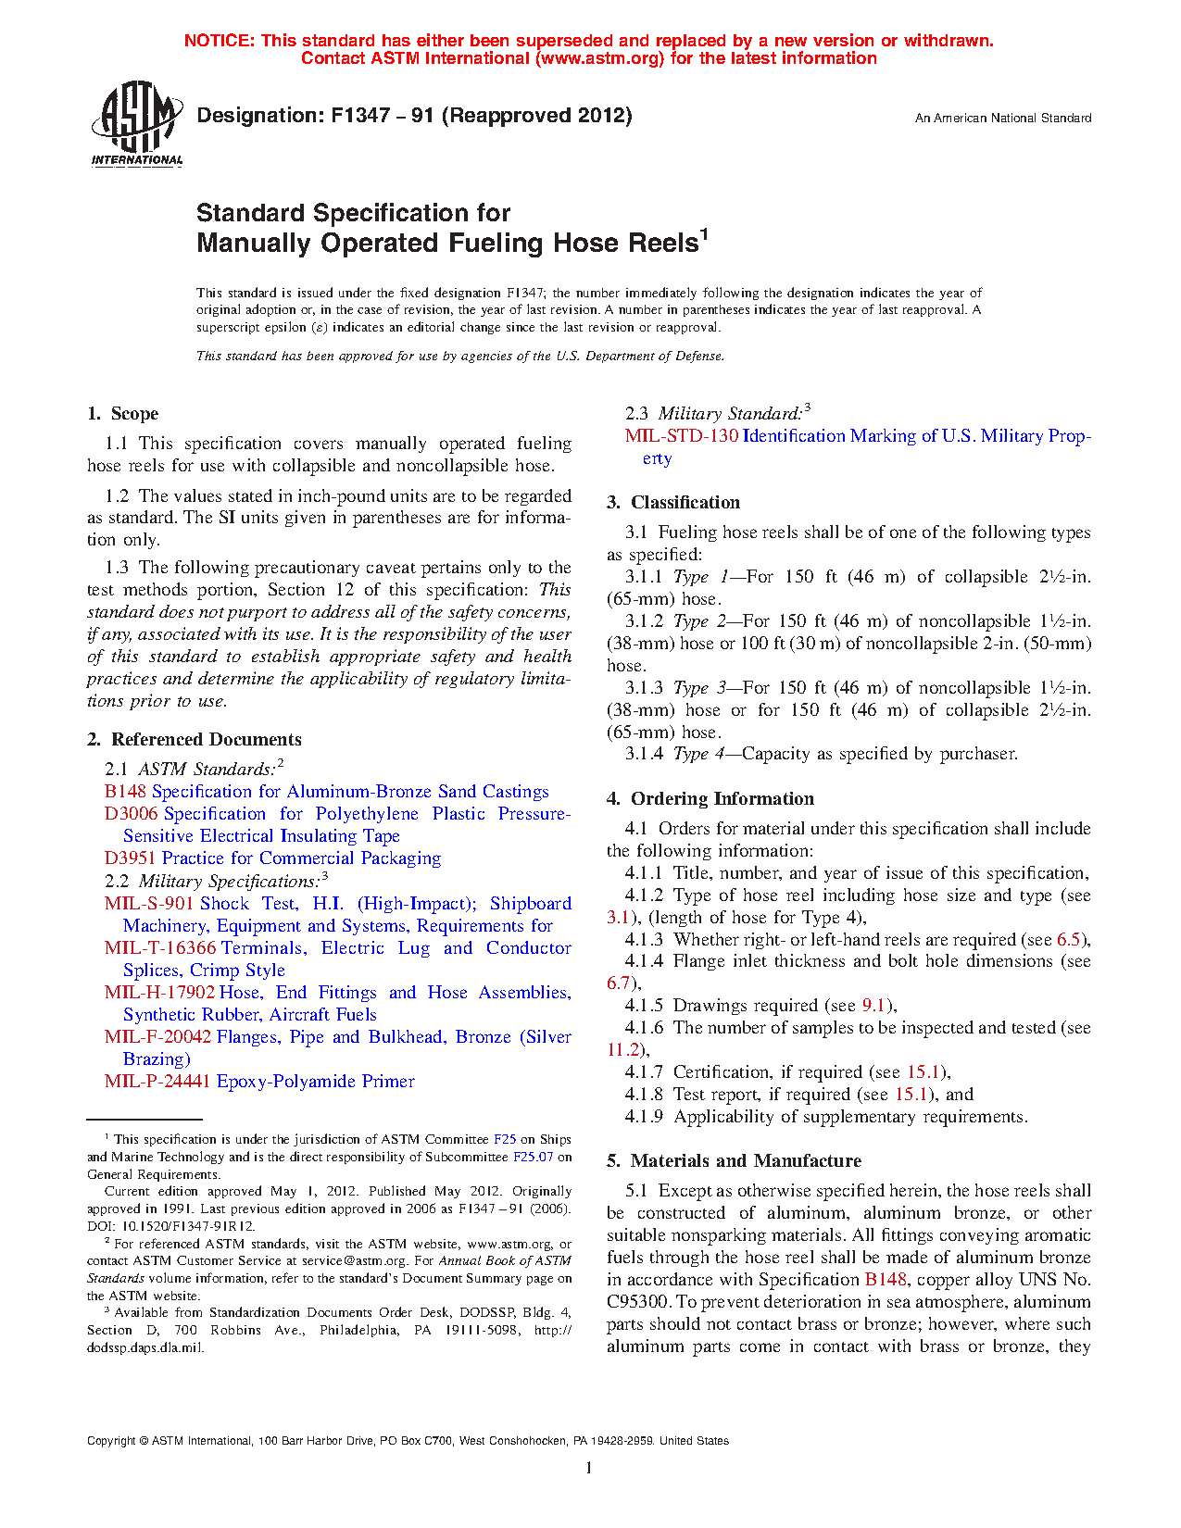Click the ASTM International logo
136,123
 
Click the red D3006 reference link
131,814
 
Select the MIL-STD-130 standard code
681,436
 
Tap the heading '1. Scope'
122,414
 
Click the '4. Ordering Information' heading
710,799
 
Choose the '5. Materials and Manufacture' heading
734,1161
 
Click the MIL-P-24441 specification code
157,1082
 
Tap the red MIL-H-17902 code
159,993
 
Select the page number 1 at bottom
589,1467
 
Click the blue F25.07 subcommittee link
533,1157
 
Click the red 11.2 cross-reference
622,1050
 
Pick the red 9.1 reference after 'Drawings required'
873,1006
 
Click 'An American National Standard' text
1003,119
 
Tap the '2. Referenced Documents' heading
195,740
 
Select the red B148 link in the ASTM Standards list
125,792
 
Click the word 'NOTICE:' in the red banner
219,41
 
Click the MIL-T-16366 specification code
160,948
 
